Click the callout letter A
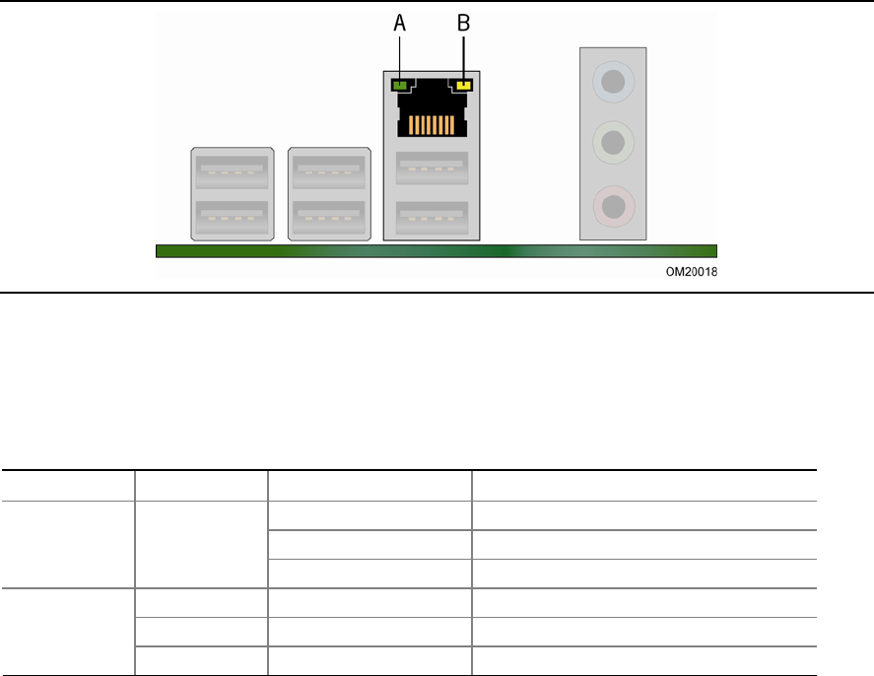(399, 24)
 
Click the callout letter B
(463, 24)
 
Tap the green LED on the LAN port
(400, 86)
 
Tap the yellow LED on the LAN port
(462, 86)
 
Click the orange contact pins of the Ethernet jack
(431, 125)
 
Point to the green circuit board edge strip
(436, 251)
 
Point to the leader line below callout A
(399, 54)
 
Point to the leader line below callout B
(463, 54)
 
